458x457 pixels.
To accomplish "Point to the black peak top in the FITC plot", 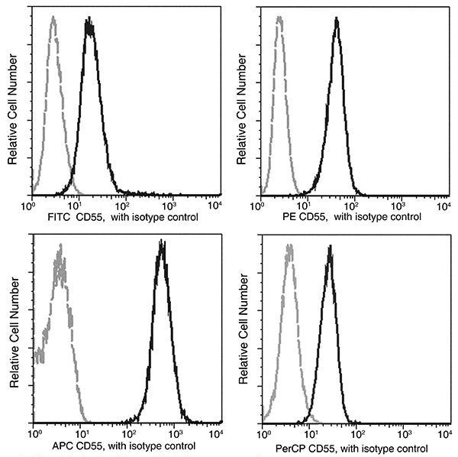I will [x=89, y=24].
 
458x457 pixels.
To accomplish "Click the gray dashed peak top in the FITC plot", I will [x=53, y=18].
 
